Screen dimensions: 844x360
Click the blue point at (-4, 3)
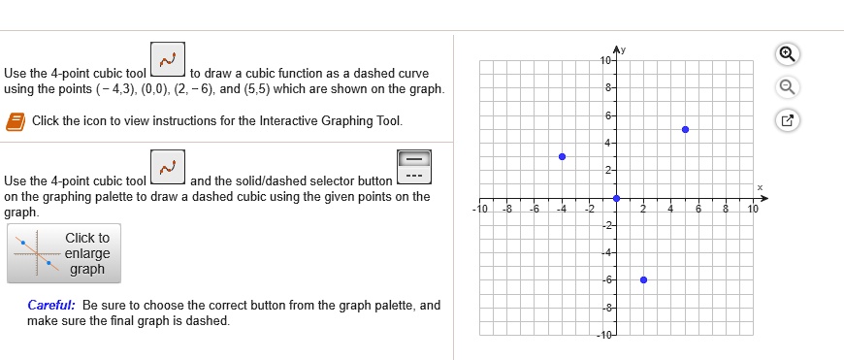pos(562,156)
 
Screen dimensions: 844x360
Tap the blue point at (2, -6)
pos(644,279)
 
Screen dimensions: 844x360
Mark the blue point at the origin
pos(616,197)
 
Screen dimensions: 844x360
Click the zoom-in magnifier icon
pos(792,54)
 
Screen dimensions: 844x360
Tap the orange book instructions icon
pos(16,121)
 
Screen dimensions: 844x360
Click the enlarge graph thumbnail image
pos(37,253)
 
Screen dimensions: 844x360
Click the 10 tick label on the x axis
pos(753,209)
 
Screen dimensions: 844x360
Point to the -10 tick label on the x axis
pos(479,209)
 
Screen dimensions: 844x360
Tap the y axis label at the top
pos(627,49)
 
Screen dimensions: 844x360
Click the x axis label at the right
pos(761,187)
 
